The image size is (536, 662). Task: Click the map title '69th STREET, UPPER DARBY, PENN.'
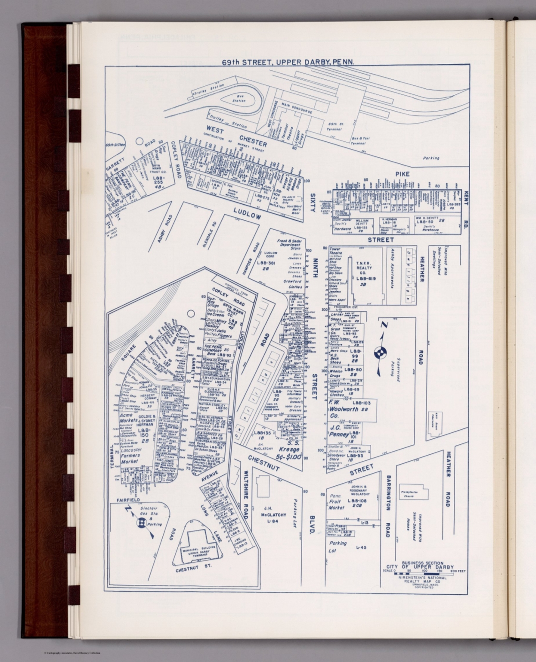[288, 62]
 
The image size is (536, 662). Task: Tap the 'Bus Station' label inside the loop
[239, 99]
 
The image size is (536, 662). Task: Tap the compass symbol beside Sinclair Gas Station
[140, 523]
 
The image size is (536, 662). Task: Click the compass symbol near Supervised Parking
[381, 353]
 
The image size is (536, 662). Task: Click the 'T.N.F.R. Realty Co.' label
[366, 271]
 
